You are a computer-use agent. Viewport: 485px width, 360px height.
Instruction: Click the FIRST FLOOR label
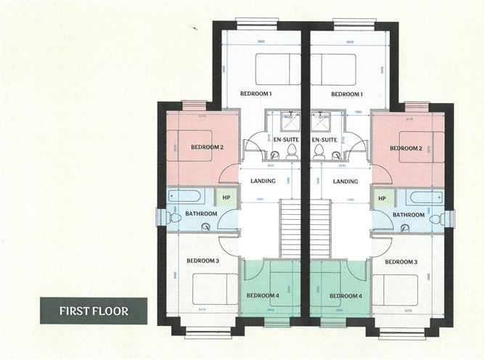pyautogui.click(x=94, y=311)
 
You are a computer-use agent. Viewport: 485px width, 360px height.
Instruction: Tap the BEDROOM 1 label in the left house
pyautogui.click(x=256, y=94)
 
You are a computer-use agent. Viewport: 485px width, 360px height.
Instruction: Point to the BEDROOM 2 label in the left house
pyautogui.click(x=207, y=147)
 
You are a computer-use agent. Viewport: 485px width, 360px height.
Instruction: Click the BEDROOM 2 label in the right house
pyautogui.click(x=406, y=148)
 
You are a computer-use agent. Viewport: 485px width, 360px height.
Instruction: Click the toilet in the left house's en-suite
pyautogui.click(x=292, y=152)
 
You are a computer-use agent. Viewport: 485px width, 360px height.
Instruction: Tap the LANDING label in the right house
pyautogui.click(x=345, y=181)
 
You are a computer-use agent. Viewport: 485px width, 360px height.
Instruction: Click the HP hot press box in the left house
pyautogui.click(x=227, y=197)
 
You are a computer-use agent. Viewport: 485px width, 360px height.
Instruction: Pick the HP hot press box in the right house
pyautogui.click(x=381, y=197)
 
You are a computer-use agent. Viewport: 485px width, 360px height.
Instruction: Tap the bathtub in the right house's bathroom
pyautogui.click(x=424, y=197)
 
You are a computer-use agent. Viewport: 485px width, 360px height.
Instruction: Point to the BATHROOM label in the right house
pyautogui.click(x=409, y=215)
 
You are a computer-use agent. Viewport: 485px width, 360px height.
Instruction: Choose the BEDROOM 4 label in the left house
pyautogui.click(x=262, y=295)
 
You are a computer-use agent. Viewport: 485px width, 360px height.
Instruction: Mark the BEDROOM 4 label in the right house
pyautogui.click(x=345, y=295)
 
